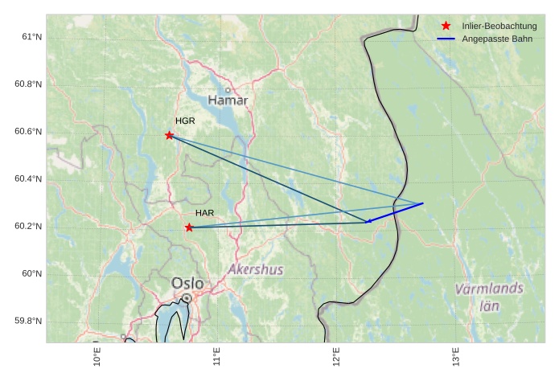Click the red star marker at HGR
click(169, 135)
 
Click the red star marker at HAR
click(189, 227)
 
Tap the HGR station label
click(185, 121)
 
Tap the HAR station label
click(204, 213)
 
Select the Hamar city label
click(228, 100)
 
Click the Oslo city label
click(187, 284)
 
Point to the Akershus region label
click(256, 269)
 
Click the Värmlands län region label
click(489, 296)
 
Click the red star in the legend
click(446, 26)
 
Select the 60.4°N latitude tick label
click(29, 179)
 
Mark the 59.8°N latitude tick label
click(29, 322)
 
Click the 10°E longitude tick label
click(97, 356)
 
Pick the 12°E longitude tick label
click(336, 356)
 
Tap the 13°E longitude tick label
click(455, 356)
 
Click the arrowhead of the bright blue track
click(368, 221)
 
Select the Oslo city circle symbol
click(187, 297)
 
